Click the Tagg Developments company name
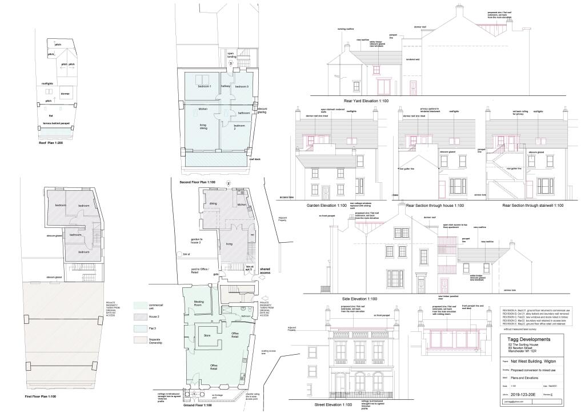528,339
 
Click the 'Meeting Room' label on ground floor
199,303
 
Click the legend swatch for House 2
139,316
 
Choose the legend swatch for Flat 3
139,328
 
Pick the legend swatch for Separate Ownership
139,341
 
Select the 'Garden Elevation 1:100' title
327,205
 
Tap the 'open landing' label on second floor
231,55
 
